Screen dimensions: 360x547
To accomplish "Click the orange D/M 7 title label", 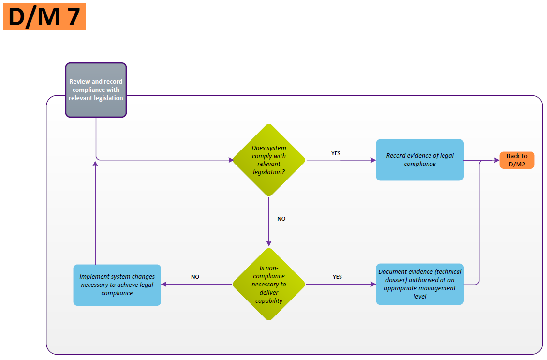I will [44, 16].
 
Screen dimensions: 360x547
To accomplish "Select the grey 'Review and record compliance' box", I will [96, 90].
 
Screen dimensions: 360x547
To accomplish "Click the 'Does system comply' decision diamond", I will [269, 160].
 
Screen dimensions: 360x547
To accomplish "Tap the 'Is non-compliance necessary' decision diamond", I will [269, 284].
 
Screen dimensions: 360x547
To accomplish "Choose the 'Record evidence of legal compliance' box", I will [419, 160].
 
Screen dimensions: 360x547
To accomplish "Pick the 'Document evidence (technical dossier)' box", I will [419, 284].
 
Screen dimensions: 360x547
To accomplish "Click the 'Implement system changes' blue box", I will [117, 285].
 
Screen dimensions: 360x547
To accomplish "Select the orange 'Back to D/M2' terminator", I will [517, 160].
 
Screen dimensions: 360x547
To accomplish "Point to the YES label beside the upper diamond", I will [336, 153].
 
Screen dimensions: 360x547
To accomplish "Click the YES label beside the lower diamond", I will [337, 277].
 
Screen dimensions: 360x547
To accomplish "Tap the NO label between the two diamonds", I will [281, 219].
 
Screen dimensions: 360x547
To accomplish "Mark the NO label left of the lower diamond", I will [195, 277].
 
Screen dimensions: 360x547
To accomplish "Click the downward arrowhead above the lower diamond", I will [269, 244].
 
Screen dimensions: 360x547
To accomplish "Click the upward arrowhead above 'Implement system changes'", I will [95, 164].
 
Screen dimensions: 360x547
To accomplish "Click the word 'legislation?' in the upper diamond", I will [268, 172].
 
